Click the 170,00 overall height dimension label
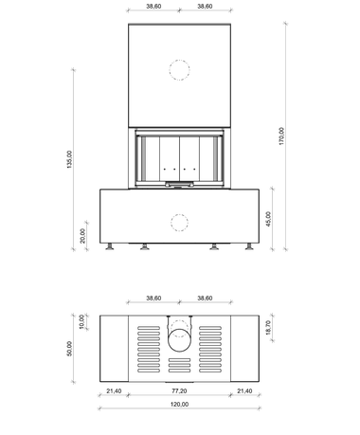[x=281, y=136]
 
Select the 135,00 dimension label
[x=69, y=159]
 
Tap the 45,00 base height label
[x=268, y=219]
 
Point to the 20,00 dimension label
[x=82, y=236]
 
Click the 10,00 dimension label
[x=81, y=321]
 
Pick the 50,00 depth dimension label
[x=69, y=349]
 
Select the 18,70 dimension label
[x=268, y=328]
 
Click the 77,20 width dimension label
[x=179, y=391]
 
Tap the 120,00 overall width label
[x=179, y=405]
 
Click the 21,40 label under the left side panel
[x=114, y=391]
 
